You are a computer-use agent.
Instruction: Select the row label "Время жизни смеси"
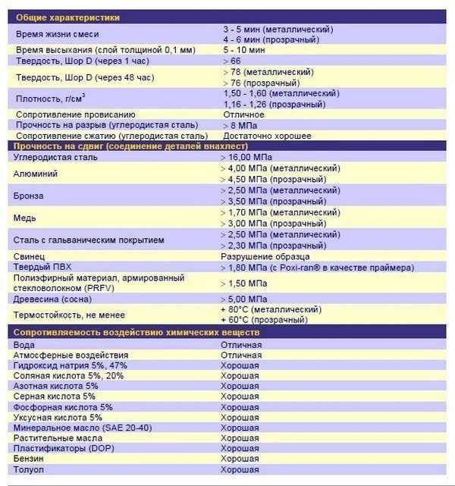tap(58, 34)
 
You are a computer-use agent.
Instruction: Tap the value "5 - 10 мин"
tap(244, 49)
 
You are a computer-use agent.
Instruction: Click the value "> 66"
tap(232, 60)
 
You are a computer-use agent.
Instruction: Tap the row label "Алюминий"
tap(36, 174)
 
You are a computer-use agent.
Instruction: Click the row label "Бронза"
tap(30, 196)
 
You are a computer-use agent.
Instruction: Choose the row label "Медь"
tap(25, 218)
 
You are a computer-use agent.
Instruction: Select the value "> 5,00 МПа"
tap(243, 299)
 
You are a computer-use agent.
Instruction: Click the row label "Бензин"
tap(28, 459)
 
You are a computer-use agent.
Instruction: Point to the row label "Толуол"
tap(29, 470)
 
